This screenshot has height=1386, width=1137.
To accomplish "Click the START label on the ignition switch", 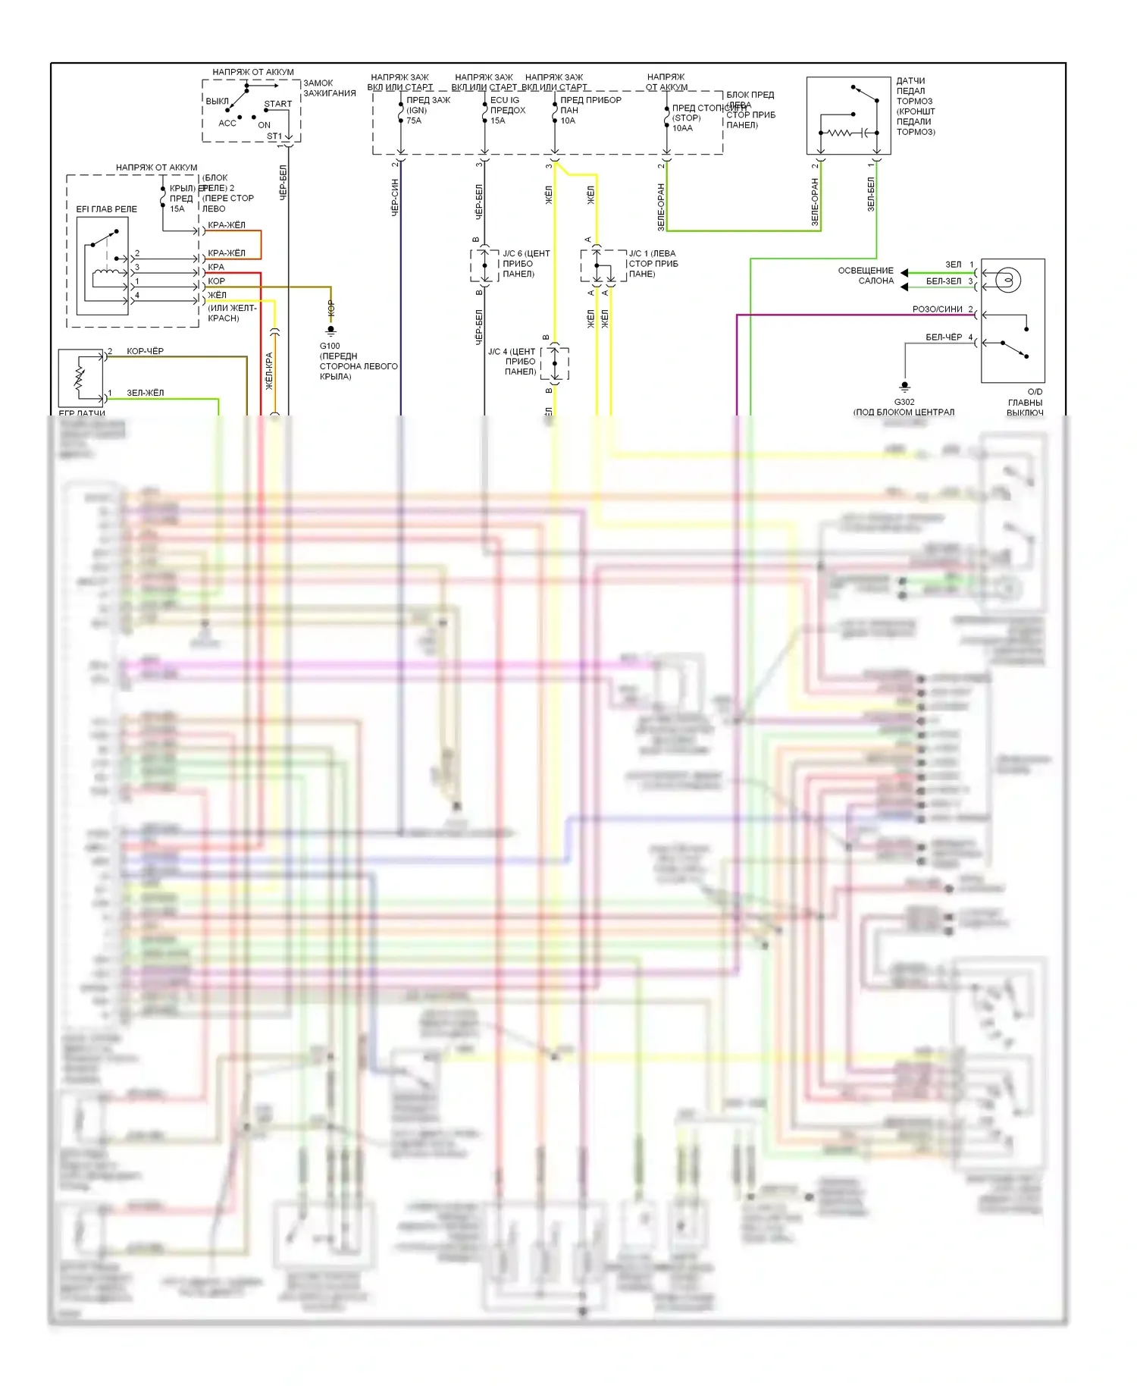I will coord(277,104).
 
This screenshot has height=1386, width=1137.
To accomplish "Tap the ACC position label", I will coord(227,123).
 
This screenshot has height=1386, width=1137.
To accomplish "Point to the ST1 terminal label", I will coord(274,136).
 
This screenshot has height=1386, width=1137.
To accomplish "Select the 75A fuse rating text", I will coord(414,121).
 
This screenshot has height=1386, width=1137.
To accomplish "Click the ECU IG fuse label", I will coord(505,100).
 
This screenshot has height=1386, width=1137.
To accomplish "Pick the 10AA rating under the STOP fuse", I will coord(682,128).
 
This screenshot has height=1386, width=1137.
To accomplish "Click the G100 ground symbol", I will coord(330,331).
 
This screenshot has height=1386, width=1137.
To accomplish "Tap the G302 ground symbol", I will coord(904,387).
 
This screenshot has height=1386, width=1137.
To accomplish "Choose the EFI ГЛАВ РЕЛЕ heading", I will coord(107,209).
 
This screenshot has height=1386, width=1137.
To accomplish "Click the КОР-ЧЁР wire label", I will coord(145,351).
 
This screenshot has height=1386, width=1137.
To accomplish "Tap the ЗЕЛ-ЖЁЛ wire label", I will coord(145,393).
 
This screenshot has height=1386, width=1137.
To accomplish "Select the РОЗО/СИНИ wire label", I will coord(937,309).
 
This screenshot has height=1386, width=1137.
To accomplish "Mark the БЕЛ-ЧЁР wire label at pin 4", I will coord(944,337).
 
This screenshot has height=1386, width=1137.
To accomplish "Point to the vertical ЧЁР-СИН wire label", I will coord(395,198).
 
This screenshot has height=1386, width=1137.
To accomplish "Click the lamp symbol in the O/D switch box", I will coord(1008,281).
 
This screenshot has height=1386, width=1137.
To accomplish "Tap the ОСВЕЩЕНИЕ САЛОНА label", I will coord(866,275).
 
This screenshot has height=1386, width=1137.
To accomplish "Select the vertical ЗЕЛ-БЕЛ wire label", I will coord(871,194).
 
